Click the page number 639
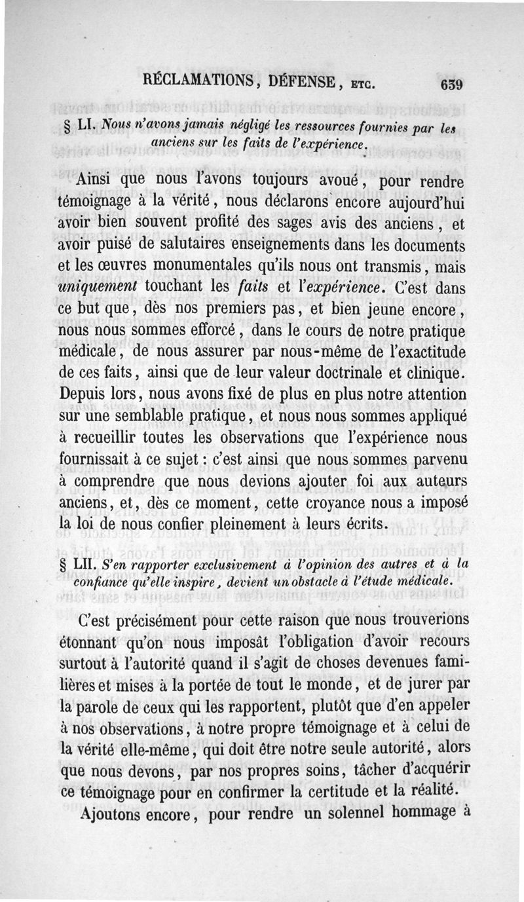point(452,85)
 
